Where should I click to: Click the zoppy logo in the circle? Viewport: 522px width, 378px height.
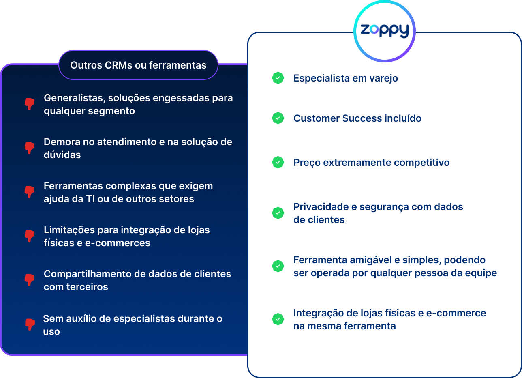pyautogui.click(x=385, y=31)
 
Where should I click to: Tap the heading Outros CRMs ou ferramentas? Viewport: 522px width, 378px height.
pyautogui.click(x=139, y=65)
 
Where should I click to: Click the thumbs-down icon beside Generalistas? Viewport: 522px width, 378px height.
pyautogui.click(x=30, y=104)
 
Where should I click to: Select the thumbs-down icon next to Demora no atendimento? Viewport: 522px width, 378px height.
pyautogui.click(x=30, y=148)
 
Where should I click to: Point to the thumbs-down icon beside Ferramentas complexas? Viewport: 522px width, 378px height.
pyautogui.click(x=30, y=192)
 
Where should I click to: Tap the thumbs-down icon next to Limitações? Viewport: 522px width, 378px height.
pyautogui.click(x=30, y=236)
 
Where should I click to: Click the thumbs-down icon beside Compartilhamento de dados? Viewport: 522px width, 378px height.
pyautogui.click(x=30, y=280)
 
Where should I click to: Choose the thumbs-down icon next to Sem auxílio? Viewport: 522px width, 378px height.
pyautogui.click(x=30, y=324)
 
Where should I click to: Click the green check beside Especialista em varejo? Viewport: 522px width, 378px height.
pyautogui.click(x=278, y=78)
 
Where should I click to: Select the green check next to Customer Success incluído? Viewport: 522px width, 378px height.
pyautogui.click(x=278, y=118)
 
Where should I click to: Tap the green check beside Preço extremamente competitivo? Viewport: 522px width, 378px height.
pyautogui.click(x=278, y=162)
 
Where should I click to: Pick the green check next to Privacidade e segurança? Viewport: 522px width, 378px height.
pyautogui.click(x=278, y=213)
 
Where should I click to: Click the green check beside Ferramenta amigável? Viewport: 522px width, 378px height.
pyautogui.click(x=278, y=266)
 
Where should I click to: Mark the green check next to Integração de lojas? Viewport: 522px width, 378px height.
pyautogui.click(x=278, y=319)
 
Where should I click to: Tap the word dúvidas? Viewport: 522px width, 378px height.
pyautogui.click(x=62, y=155)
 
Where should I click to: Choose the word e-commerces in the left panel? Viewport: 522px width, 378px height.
pyautogui.click(x=118, y=243)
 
